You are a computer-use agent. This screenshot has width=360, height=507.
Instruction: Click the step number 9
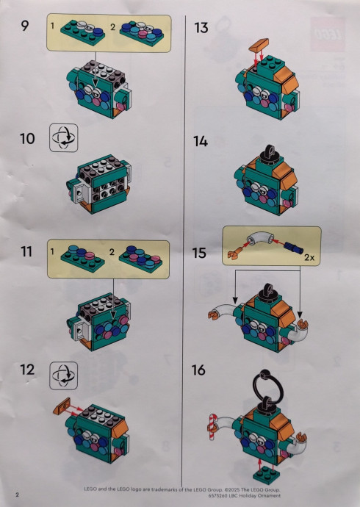click(24, 26)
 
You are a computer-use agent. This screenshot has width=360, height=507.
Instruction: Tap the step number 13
click(201, 28)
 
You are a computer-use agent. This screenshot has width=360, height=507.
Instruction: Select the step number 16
click(198, 370)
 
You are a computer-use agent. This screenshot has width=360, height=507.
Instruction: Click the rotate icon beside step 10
click(64, 137)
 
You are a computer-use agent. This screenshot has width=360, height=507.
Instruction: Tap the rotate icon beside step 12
click(64, 375)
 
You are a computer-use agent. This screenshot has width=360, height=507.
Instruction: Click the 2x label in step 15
click(309, 257)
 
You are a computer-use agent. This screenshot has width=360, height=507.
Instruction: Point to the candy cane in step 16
click(212, 426)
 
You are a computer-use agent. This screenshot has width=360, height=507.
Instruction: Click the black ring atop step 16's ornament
click(266, 386)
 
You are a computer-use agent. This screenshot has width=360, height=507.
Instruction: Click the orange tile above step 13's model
click(259, 45)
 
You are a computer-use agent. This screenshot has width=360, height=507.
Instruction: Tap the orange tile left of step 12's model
click(62, 406)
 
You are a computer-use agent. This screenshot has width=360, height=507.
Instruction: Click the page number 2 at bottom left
click(17, 495)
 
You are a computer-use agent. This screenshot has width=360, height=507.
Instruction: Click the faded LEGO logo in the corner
click(328, 34)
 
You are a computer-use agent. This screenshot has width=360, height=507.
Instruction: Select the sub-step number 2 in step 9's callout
click(112, 27)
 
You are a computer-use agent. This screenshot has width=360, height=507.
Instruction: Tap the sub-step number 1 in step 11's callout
click(52, 251)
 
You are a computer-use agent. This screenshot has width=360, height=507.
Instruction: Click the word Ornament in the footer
click(269, 495)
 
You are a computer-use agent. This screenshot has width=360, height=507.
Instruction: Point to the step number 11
click(26, 252)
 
